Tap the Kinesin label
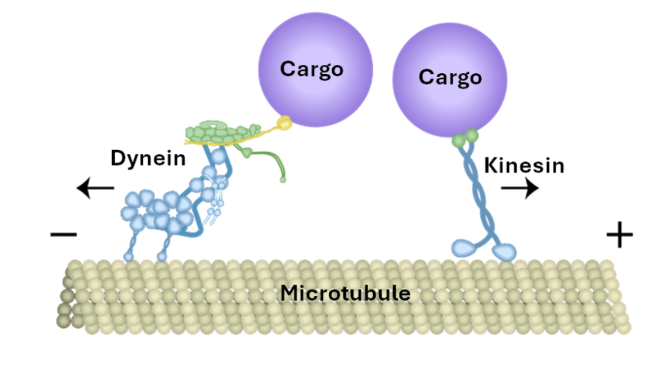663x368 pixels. pos(524,165)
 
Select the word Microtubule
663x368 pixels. pos(345,293)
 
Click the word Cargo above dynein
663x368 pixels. pos(311,69)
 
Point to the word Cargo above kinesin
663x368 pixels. pos(450,77)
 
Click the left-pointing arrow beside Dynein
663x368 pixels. pos(95,189)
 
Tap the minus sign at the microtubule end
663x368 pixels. pos(63,234)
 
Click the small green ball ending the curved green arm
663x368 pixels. pos(283,179)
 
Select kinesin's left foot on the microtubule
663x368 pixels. pos(463,247)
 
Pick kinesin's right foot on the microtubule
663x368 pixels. pos(505,251)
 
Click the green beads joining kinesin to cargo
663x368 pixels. pos(466,137)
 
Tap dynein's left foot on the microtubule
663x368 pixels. pos(128,257)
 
